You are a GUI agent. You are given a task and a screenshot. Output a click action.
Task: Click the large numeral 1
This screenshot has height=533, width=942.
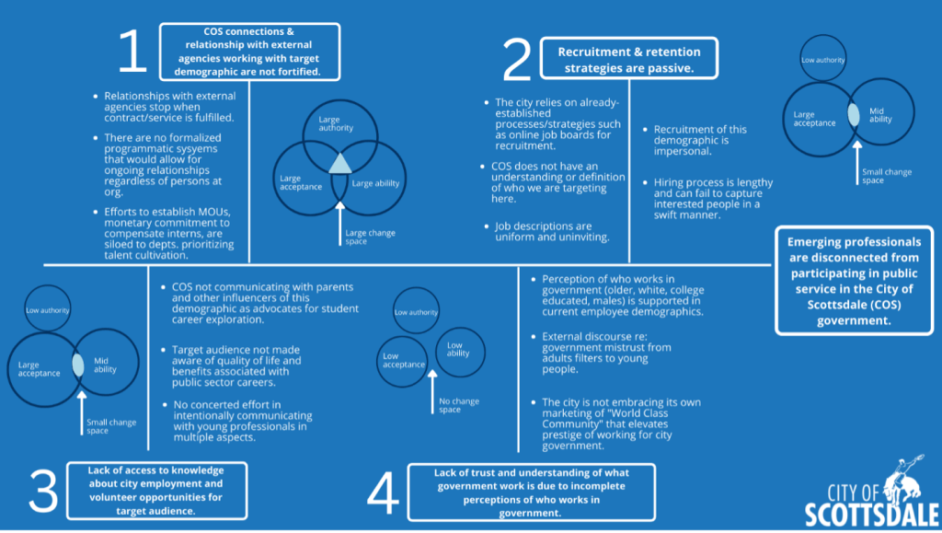133,52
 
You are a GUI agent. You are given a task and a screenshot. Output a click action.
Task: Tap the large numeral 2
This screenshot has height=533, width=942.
517,59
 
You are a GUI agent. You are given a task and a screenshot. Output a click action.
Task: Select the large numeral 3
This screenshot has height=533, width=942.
43,491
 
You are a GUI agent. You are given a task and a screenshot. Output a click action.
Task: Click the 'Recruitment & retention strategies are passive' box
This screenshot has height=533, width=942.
629,58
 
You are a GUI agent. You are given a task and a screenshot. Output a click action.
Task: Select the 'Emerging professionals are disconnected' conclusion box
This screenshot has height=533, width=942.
854,281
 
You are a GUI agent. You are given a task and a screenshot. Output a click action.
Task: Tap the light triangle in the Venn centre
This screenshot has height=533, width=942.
340,164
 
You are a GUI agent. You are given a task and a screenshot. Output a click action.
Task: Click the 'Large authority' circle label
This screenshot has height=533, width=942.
335,123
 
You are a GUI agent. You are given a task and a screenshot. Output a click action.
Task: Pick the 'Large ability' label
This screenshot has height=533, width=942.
375,183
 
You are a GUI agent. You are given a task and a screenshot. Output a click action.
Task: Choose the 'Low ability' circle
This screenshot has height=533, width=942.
460,353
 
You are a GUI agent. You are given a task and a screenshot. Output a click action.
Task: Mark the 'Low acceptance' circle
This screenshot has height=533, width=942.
403,361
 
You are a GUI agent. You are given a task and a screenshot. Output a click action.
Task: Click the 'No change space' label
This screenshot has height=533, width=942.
459,405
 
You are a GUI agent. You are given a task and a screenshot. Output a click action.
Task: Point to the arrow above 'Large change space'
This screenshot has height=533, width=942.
340,224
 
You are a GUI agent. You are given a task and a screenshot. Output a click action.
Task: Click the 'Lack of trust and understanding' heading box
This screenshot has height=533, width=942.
531,492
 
